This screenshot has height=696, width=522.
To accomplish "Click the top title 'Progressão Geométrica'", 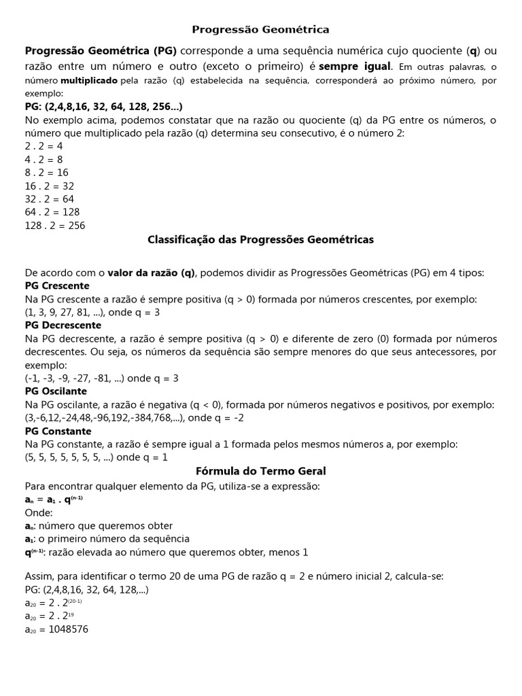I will (260, 29).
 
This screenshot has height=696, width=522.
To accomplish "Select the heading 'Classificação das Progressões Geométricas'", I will (260, 239).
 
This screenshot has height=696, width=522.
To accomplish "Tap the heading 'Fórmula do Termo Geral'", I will (260, 470).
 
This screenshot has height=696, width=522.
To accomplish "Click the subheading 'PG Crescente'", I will (57, 285).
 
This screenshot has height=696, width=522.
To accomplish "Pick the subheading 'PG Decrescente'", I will (63, 325).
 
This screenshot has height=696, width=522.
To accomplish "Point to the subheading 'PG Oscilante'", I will (56, 391).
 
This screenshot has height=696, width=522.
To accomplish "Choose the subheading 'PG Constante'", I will (58, 431).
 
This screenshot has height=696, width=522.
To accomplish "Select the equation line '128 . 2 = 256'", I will (55, 226).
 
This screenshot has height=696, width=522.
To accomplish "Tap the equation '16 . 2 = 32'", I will (50, 186).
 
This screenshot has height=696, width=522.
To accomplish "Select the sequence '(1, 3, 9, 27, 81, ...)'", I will (64, 312).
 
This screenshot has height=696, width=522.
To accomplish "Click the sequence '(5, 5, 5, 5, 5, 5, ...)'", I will (69, 457).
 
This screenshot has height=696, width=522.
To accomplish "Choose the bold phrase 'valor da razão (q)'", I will (151, 273).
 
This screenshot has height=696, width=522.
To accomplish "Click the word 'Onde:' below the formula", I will (38, 512).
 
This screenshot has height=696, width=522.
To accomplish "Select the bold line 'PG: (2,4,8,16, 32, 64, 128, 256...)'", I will (103, 107).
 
